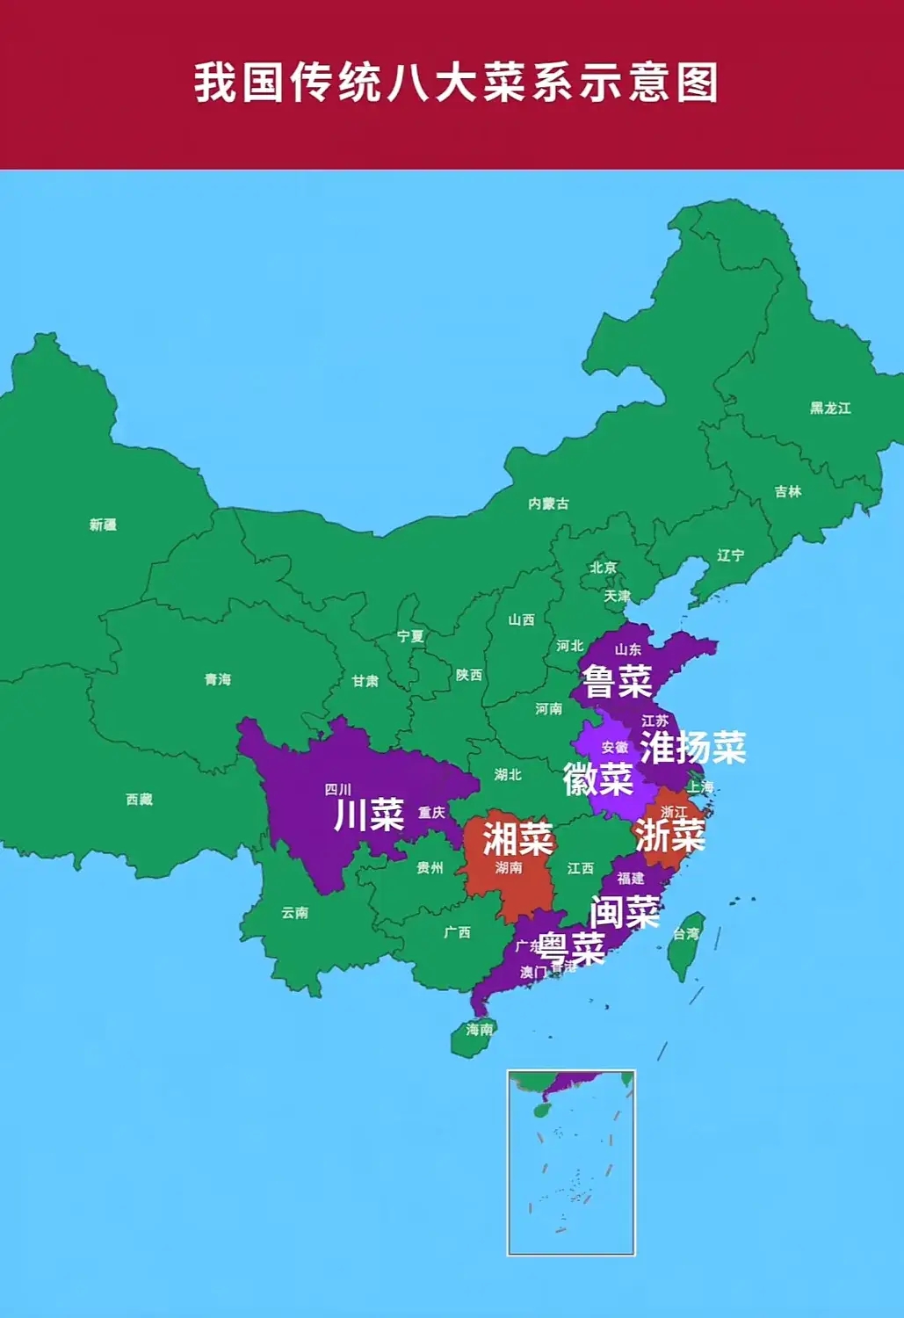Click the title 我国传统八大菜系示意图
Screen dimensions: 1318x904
pos(456,83)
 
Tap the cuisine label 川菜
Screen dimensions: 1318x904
pos(369,815)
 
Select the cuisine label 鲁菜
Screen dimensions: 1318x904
pos(618,681)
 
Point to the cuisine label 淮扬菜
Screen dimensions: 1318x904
pos(693,747)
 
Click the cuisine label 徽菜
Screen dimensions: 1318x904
pos(598,779)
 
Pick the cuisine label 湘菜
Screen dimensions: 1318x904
pos(517,838)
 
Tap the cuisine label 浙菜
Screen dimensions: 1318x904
pos(670,835)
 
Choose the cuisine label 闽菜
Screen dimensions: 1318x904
pos(625,912)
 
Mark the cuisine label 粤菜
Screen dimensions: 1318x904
pos(572,947)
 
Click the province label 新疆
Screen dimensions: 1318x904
pos(103,525)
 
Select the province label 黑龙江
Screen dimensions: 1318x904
pos(830,408)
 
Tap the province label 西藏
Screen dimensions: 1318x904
pos(139,799)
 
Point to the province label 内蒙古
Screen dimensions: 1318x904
pos(548,503)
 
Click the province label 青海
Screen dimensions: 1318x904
pos(217,679)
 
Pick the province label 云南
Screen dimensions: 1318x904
pos(294,913)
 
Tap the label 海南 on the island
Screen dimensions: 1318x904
pos(480,1029)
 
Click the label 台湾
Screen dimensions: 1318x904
pos(687,933)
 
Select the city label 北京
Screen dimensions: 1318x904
pos(604,568)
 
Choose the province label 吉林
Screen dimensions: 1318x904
pos(788,492)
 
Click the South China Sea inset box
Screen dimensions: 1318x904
pos(571,1162)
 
